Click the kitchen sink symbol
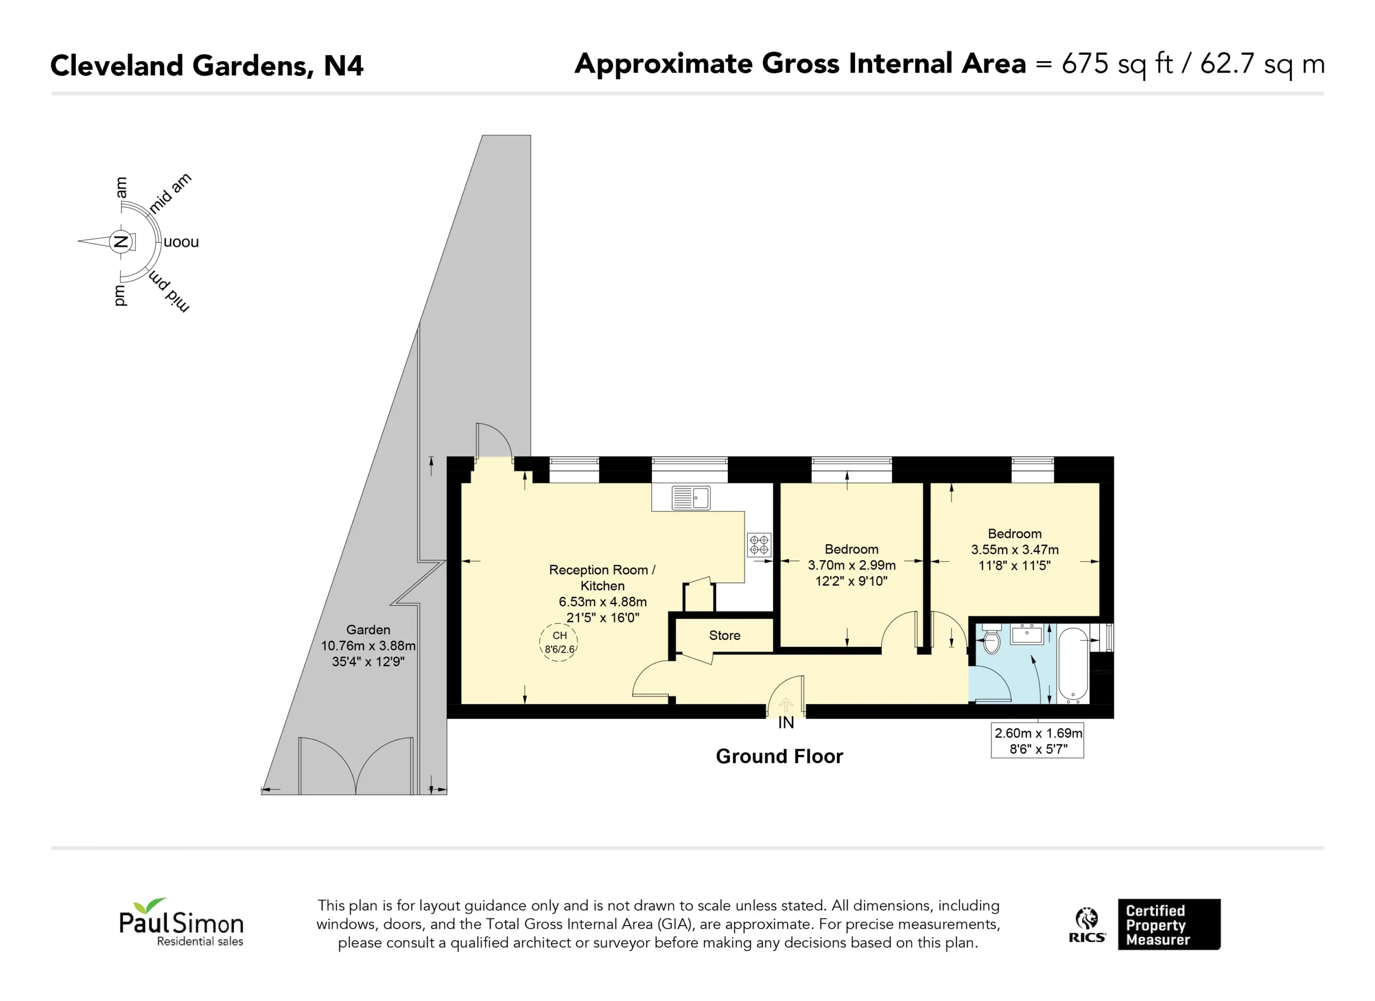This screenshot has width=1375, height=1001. [691, 498]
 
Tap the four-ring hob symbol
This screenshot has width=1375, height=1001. [759, 545]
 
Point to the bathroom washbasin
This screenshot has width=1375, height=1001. [1027, 634]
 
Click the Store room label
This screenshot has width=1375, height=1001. [725, 635]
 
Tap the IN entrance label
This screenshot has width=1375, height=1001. [786, 723]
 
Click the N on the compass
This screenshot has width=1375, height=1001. [121, 242]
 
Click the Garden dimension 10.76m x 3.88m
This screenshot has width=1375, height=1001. [368, 645]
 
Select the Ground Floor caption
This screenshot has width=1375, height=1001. [779, 756]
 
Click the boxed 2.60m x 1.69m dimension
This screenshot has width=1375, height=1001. [1037, 741]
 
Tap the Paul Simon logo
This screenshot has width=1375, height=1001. [181, 922]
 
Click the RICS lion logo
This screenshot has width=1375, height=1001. [1087, 925]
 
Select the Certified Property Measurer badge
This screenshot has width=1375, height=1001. [1169, 924]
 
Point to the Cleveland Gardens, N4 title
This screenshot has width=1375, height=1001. [207, 66]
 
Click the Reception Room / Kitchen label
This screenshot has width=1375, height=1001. [602, 578]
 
